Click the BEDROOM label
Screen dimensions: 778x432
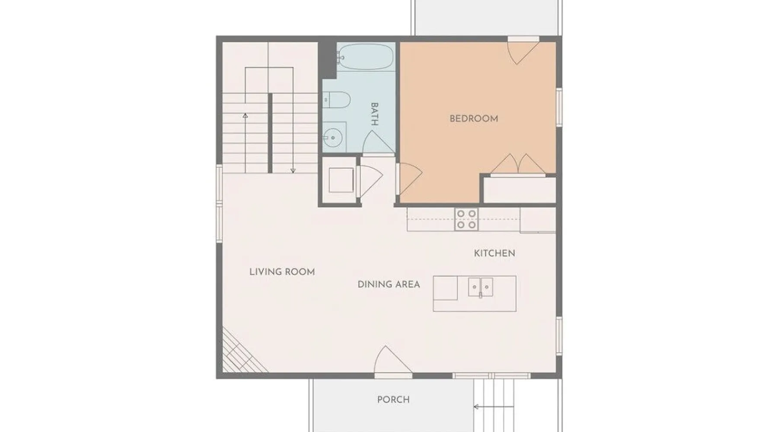(x=474, y=118)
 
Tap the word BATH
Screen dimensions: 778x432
(x=374, y=114)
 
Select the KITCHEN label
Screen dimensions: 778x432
(x=494, y=253)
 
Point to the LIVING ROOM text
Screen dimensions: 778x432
(x=282, y=272)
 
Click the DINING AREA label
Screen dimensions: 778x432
(x=389, y=284)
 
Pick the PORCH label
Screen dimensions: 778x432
(x=393, y=400)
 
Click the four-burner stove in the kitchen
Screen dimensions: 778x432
(x=466, y=219)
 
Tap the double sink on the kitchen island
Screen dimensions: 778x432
(x=481, y=287)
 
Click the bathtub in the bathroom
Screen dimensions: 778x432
(x=365, y=57)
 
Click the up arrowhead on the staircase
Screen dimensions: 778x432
(x=245, y=115)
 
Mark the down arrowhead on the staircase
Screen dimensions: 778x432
(x=293, y=171)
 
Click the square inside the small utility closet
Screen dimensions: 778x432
(x=341, y=180)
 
